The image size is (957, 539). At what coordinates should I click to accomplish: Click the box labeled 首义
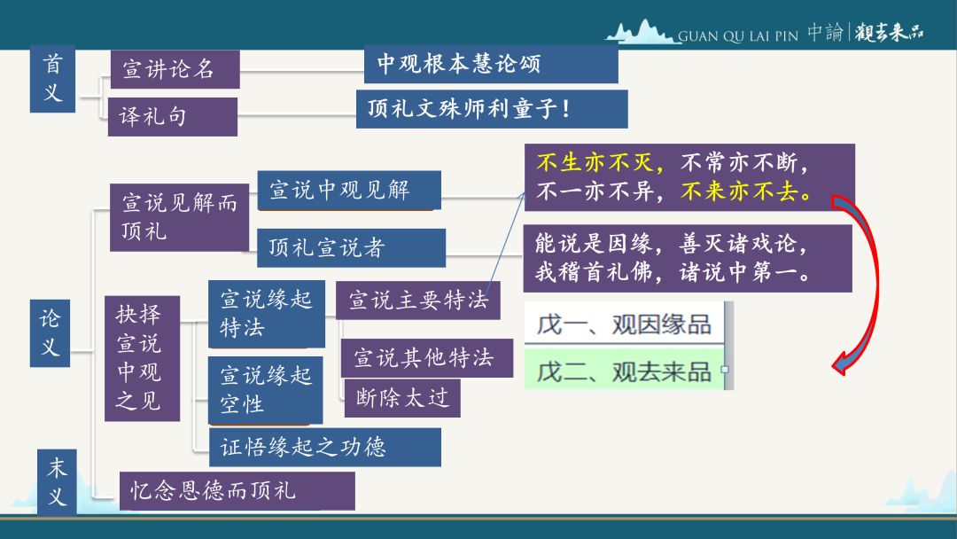pyautogui.click(x=52, y=79)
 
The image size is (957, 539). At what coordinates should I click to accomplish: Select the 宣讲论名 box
pyautogui.click(x=175, y=69)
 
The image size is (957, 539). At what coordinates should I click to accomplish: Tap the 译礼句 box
pyautogui.click(x=173, y=117)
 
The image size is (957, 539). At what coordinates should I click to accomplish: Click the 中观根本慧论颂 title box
pyautogui.click(x=491, y=64)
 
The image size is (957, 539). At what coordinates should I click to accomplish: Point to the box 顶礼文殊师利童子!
pyautogui.click(x=492, y=109)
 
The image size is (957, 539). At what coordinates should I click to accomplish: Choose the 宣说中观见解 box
pyautogui.click(x=349, y=191)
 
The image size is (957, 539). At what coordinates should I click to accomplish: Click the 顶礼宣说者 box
pyautogui.click(x=351, y=248)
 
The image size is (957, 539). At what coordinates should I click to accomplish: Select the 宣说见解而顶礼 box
pyautogui.click(x=179, y=217)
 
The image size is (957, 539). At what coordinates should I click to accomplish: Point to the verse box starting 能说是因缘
pyautogui.click(x=688, y=258)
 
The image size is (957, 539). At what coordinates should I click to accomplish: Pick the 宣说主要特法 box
pyautogui.click(x=418, y=301)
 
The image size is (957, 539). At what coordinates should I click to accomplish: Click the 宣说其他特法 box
pyautogui.click(x=426, y=358)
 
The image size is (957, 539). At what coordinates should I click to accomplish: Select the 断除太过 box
pyautogui.click(x=402, y=399)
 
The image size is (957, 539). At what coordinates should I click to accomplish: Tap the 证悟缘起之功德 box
pyautogui.click(x=324, y=448)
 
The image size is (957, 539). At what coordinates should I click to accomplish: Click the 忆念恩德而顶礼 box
pyautogui.click(x=237, y=491)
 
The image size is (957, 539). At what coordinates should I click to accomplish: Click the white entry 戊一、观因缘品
pyautogui.click(x=625, y=324)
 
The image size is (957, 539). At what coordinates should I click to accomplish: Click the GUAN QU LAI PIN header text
pyautogui.click(x=738, y=36)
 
